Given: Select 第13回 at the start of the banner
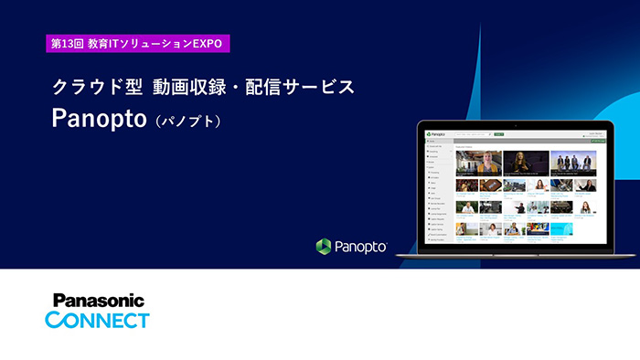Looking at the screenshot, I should coord(67,43).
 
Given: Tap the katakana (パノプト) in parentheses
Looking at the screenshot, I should coord(189,122).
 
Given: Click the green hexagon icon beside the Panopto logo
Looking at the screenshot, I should coord(324,246).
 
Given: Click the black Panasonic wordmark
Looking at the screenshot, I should coord(99,301).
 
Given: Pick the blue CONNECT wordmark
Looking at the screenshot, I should coord(97,320).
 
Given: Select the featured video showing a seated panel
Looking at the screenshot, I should coord(572,163).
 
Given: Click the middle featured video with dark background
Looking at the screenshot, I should coord(526,163).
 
